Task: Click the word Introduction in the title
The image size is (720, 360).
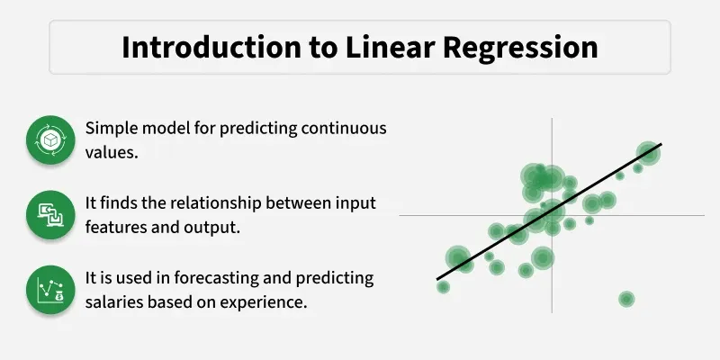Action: tap(200, 47)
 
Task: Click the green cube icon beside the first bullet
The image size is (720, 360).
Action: tap(49, 141)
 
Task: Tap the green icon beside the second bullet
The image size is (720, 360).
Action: tap(49, 215)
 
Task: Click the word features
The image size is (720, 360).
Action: tap(118, 228)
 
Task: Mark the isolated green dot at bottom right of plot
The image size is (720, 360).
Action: tap(626, 299)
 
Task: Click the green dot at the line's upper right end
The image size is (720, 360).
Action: tap(647, 153)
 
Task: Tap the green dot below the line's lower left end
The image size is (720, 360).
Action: tap(443, 287)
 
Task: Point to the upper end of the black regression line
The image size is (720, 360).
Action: tap(661, 144)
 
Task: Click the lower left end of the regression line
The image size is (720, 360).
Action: tap(438, 278)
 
